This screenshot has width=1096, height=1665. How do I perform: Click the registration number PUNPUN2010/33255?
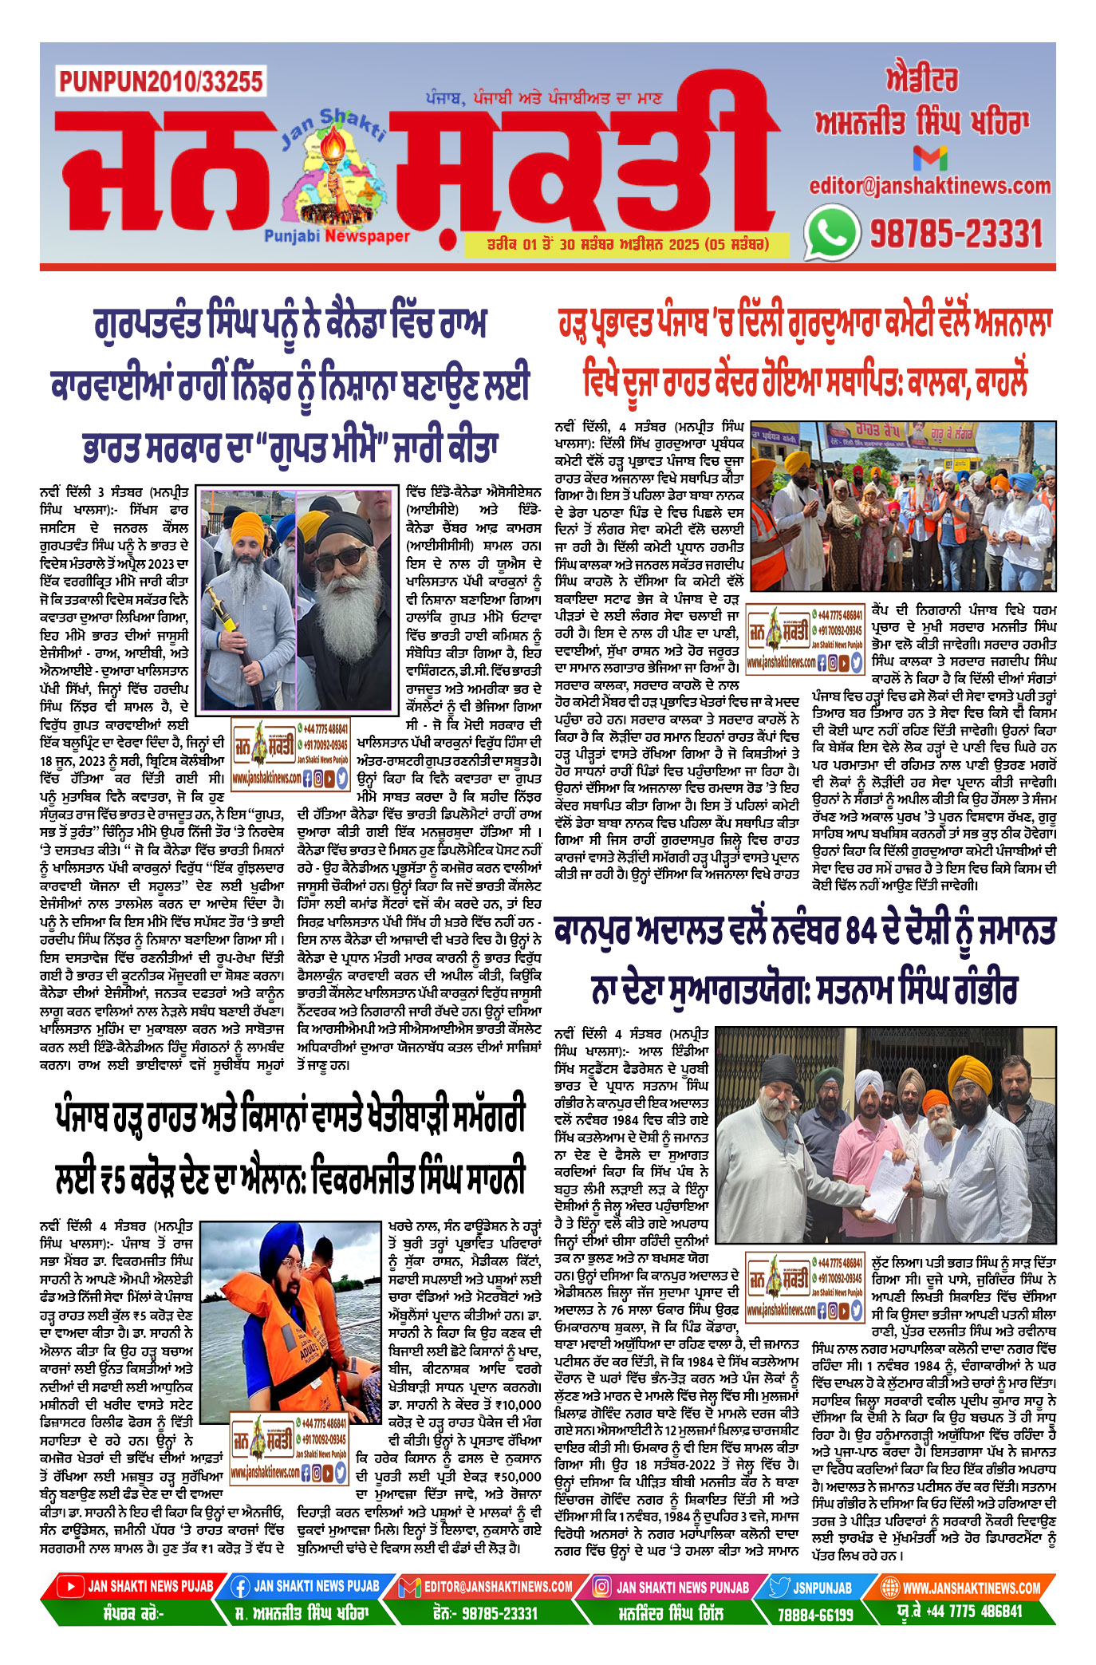click(160, 81)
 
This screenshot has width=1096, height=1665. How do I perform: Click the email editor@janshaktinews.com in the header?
click(930, 186)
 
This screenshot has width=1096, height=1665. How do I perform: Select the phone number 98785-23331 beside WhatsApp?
click(956, 234)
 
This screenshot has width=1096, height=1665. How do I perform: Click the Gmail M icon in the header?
click(930, 158)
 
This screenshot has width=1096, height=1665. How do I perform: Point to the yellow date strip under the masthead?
click(628, 244)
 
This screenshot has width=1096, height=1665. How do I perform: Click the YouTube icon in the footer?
click(70, 1587)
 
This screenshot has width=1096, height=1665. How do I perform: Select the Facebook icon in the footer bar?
click(241, 1587)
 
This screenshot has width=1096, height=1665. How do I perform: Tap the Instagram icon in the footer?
click(601, 1587)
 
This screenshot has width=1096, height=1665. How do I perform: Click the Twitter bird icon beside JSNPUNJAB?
click(779, 1587)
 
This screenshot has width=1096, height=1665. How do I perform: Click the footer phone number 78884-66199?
click(815, 1614)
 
